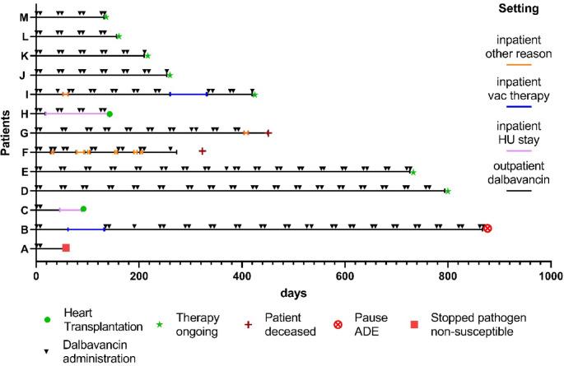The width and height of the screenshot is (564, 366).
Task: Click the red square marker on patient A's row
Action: click(x=66, y=248)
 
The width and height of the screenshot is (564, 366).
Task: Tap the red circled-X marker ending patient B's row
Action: click(x=487, y=228)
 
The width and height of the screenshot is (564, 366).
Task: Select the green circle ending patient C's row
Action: click(x=83, y=209)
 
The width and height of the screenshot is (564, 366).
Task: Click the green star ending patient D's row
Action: click(x=447, y=191)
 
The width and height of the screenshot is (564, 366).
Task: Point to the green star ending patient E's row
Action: click(x=413, y=172)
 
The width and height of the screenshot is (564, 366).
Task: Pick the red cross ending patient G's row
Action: click(x=268, y=132)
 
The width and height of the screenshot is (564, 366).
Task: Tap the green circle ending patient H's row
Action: click(x=110, y=114)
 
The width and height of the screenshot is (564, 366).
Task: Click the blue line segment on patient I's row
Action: click(x=189, y=95)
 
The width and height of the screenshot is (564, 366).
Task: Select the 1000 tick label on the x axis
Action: click(x=550, y=277)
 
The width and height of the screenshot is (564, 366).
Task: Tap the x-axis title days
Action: click(x=292, y=293)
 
